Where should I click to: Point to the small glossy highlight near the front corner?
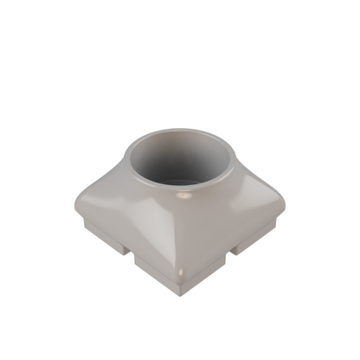pos(179,275)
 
